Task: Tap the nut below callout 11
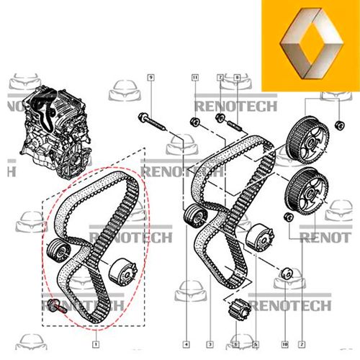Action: [x=194, y=120]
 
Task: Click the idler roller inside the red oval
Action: [x=57, y=253]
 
